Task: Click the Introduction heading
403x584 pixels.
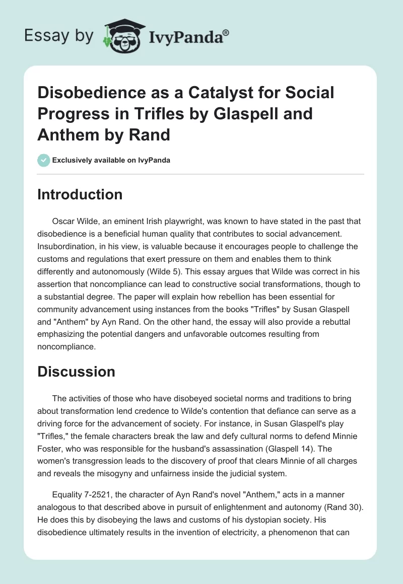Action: (80, 195)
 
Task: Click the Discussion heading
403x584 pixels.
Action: (76, 372)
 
